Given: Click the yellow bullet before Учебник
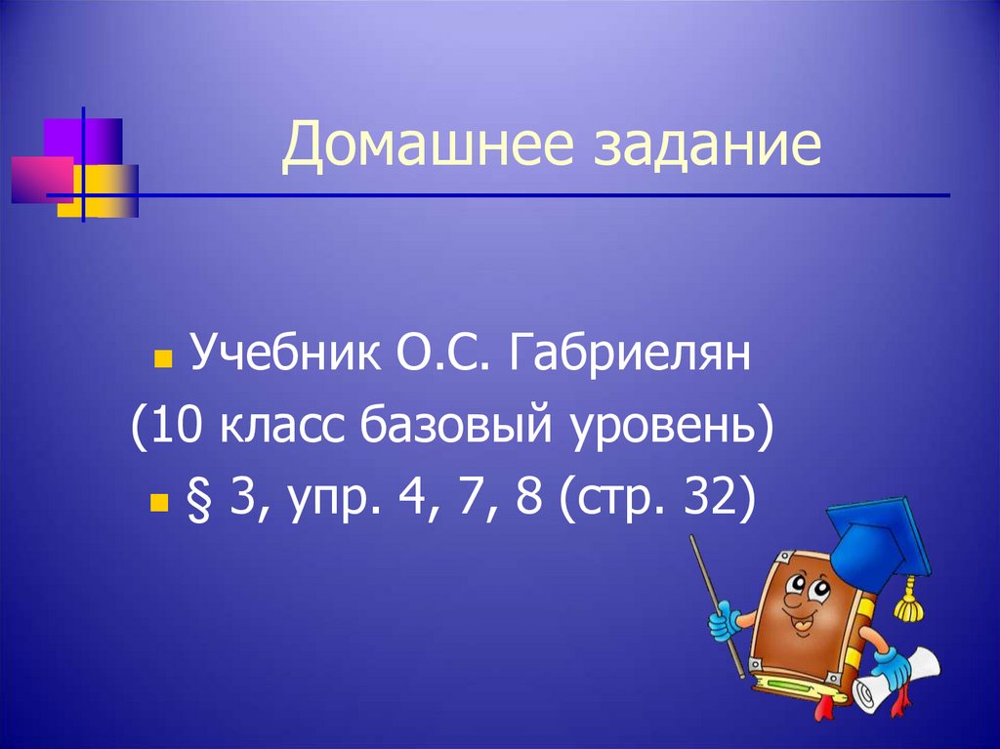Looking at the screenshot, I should (162, 359).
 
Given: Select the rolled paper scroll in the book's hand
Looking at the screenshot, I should (903, 678).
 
